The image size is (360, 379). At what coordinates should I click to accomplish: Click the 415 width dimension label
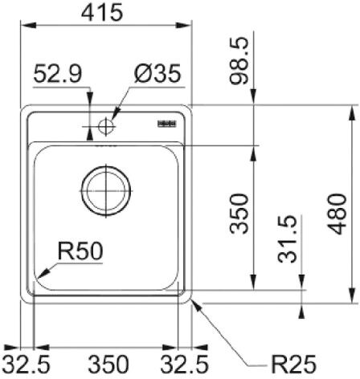tap(102, 12)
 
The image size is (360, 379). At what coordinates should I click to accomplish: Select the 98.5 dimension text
tap(239, 61)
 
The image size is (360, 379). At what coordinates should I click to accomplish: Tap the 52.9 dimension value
tap(58, 74)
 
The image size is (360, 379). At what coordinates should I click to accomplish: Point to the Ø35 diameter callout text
tap(157, 73)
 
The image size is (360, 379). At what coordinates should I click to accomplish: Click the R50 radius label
tap(80, 251)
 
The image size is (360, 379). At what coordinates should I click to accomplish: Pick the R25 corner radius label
tap(293, 365)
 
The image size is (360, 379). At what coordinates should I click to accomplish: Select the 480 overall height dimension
tap(337, 214)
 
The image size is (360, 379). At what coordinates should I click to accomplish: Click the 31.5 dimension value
tap(287, 239)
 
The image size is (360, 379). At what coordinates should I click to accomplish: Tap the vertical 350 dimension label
tap(239, 214)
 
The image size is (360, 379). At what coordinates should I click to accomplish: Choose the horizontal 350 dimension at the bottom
tap(108, 365)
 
